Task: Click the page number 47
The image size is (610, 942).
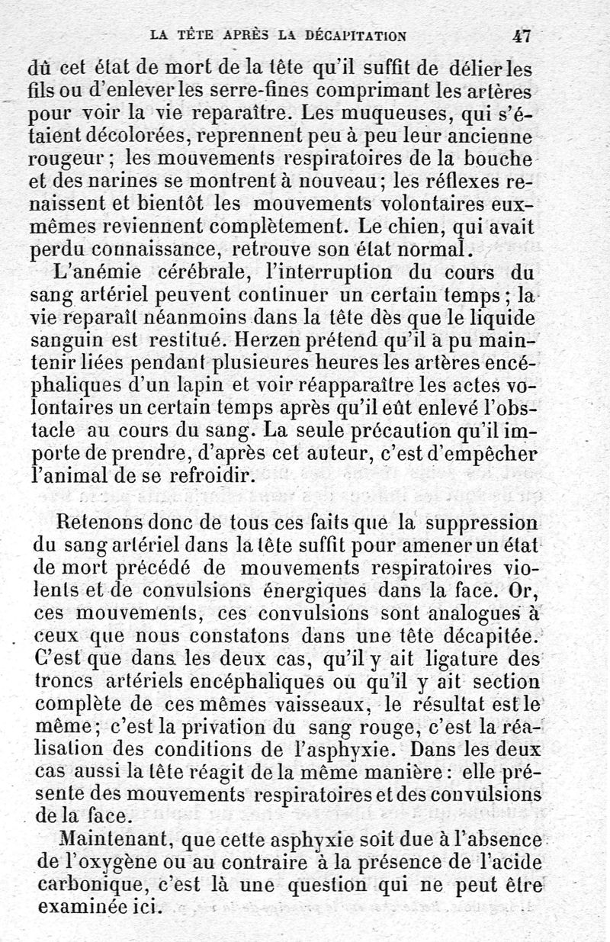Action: (x=522, y=35)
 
